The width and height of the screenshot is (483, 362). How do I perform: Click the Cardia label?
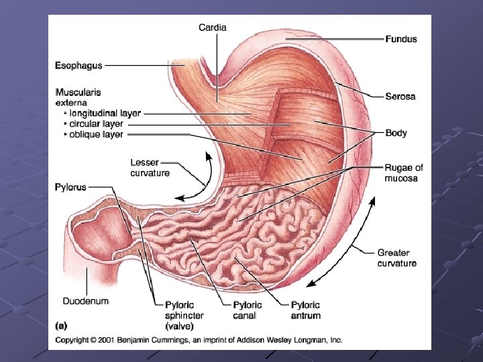click(212, 27)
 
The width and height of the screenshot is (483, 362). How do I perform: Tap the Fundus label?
click(400, 39)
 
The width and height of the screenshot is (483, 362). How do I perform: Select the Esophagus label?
click(78, 66)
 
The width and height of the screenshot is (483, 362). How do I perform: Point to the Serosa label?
click(400, 97)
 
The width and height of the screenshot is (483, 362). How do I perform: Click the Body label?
click(396, 133)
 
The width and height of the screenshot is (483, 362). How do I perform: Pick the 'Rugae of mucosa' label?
click(404, 173)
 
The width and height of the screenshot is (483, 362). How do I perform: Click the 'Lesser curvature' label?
click(150, 168)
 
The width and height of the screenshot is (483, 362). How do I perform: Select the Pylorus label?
click(70, 187)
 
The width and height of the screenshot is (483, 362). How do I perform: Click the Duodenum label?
click(85, 301)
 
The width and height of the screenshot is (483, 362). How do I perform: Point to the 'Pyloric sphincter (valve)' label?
click(184, 316)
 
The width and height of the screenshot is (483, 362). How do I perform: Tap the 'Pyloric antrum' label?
click(305, 310)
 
